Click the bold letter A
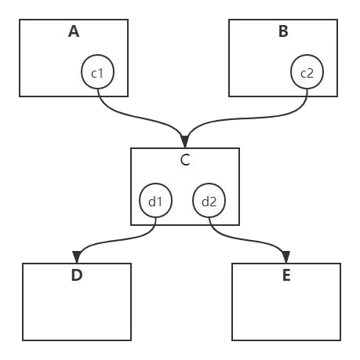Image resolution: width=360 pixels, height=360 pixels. click(x=74, y=31)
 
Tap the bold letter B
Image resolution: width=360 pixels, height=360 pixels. click(x=283, y=31)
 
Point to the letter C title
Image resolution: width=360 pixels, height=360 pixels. click(x=185, y=160)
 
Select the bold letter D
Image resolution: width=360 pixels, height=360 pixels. click(x=77, y=275)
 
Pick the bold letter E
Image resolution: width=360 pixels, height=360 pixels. click(x=286, y=275)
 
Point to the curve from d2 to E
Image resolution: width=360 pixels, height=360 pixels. click(x=249, y=240)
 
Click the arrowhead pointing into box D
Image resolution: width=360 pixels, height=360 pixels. click(x=76, y=256)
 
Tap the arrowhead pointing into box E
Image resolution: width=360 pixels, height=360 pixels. click(x=286, y=256)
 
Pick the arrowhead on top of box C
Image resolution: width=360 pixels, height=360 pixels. click(x=185, y=142)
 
